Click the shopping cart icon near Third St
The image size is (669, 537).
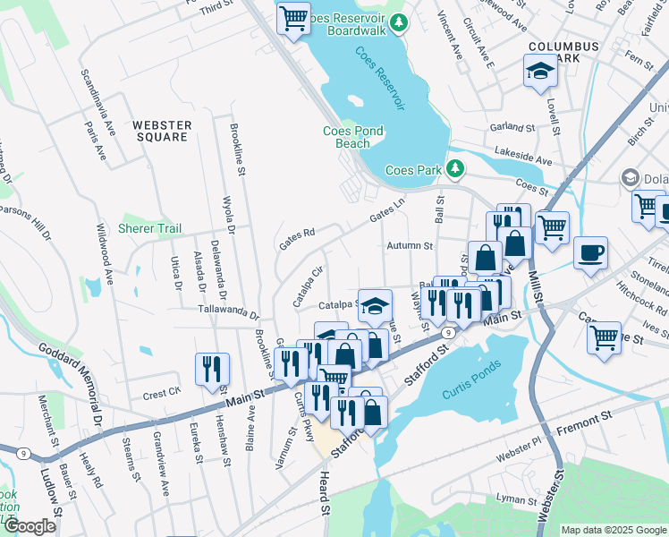click(293, 18)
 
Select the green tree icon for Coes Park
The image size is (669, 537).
click(455, 169)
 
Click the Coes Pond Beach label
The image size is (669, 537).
click(352, 137)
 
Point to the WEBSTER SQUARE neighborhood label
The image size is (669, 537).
click(161, 131)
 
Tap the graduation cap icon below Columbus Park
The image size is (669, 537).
click(540, 72)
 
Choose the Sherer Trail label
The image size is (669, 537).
click(150, 228)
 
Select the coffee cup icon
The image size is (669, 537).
click(590, 252)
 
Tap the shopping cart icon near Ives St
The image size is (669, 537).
click(605, 338)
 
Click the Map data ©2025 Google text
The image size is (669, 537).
click(614, 530)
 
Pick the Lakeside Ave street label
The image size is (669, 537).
click(524, 157)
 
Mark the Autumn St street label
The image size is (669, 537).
click(410, 245)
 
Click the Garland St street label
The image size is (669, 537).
click(512, 127)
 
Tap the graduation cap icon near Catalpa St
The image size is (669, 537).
click(376, 303)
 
